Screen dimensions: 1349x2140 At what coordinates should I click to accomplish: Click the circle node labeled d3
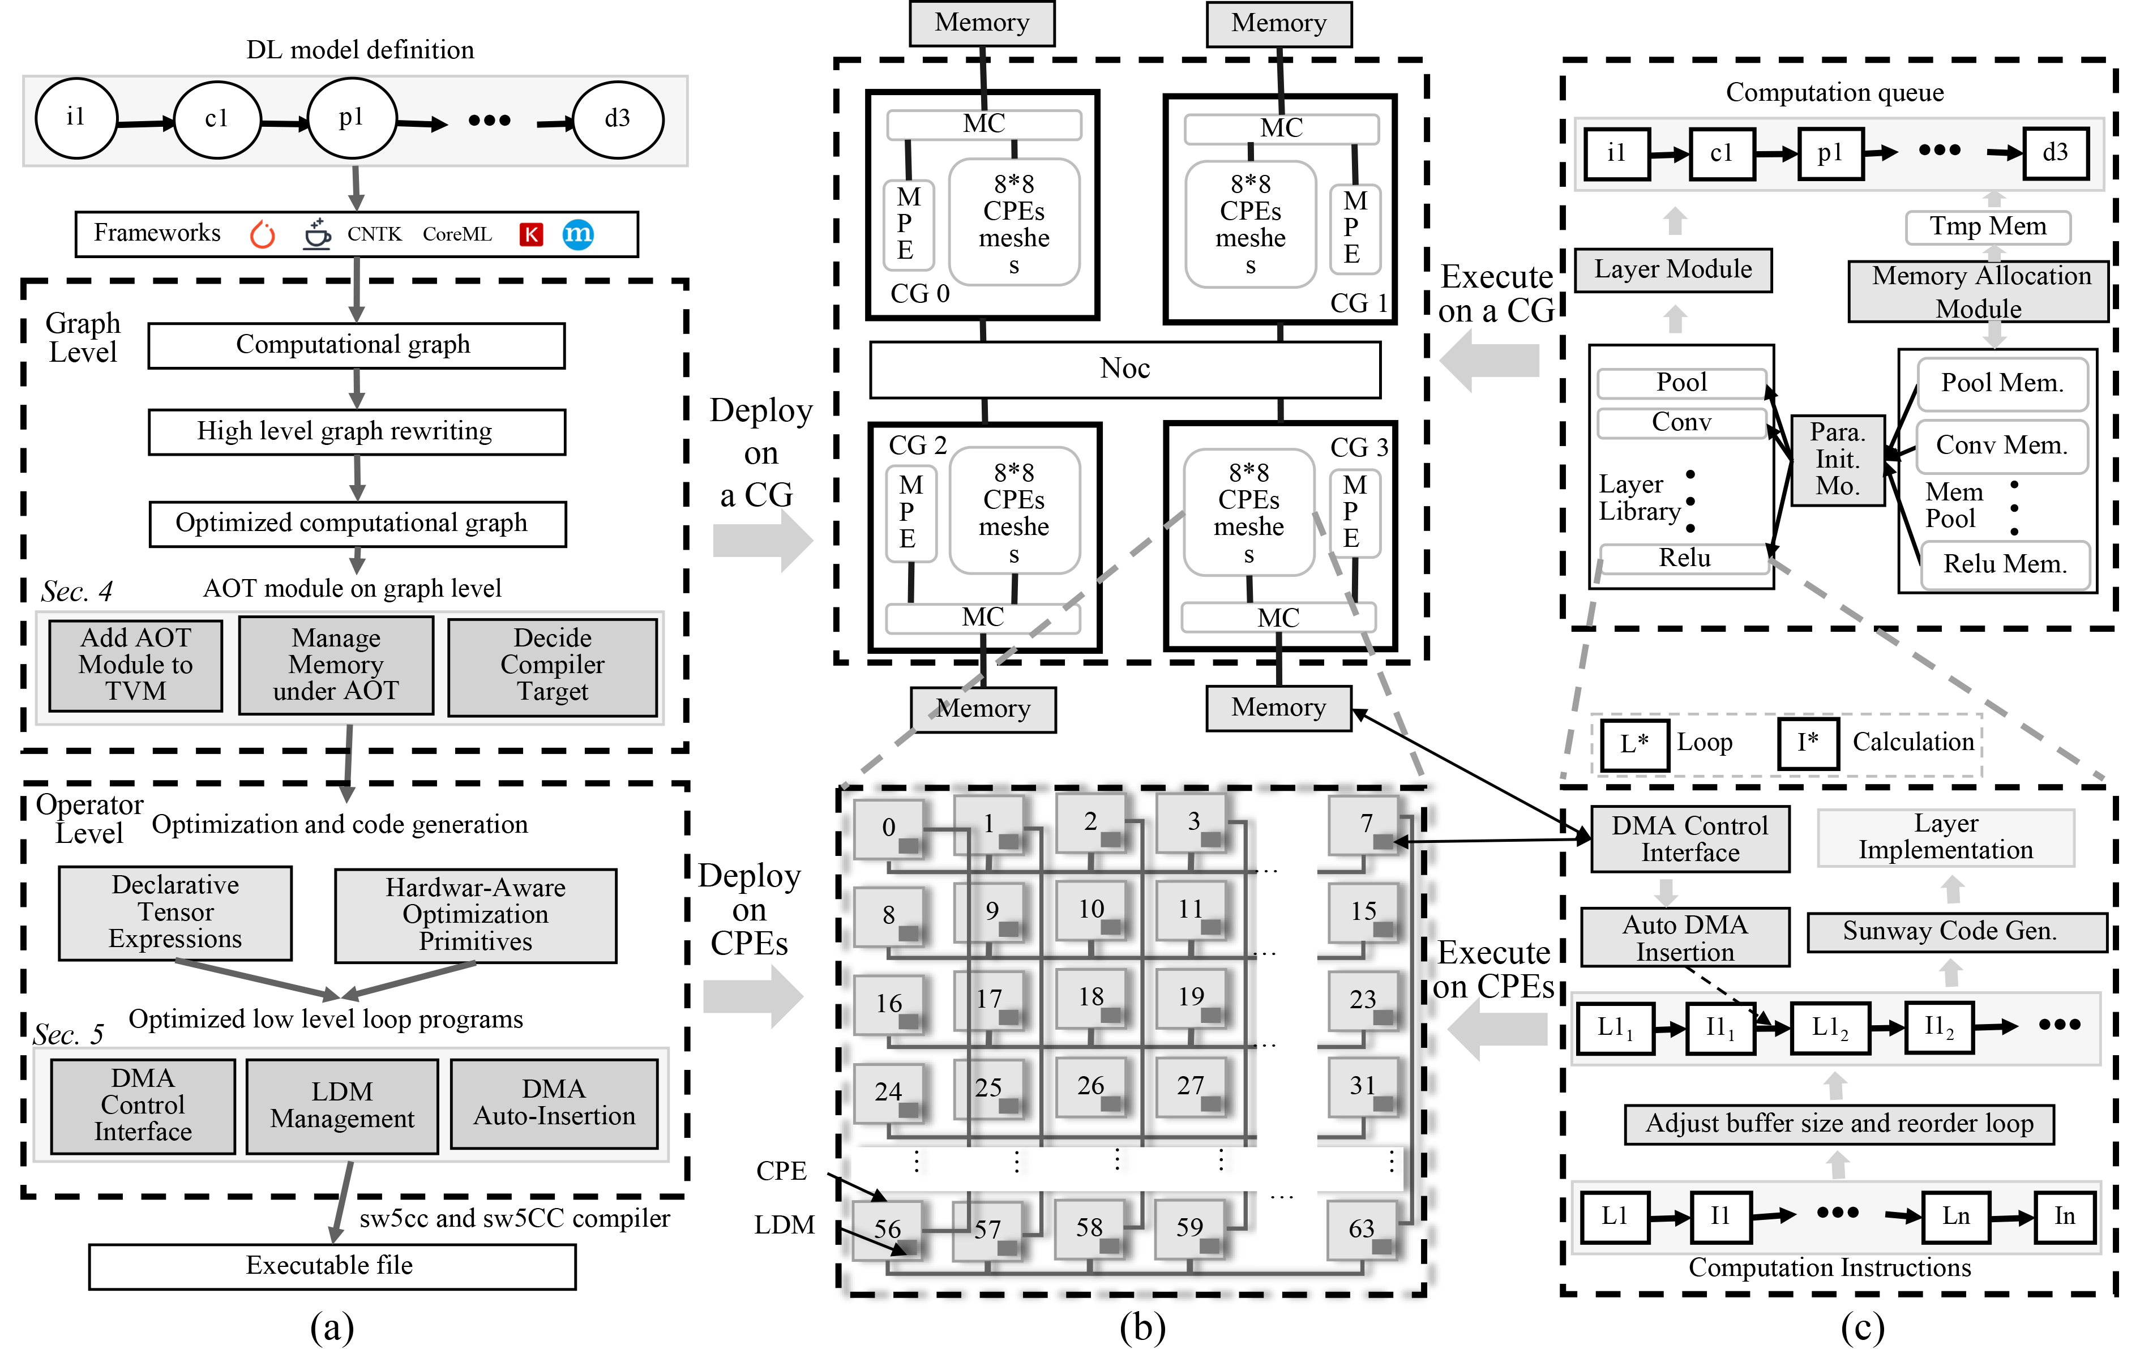click(x=618, y=119)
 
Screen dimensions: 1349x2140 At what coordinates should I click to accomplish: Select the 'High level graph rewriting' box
click(x=356, y=432)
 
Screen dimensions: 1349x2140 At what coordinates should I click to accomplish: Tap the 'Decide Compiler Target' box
click(x=552, y=666)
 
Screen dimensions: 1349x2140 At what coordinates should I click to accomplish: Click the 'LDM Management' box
click(x=342, y=1106)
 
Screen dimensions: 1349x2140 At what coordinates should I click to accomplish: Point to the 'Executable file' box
click(x=332, y=1265)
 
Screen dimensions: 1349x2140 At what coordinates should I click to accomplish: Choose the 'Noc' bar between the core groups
click(x=1124, y=369)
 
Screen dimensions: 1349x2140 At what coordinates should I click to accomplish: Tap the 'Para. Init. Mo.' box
click(x=1837, y=460)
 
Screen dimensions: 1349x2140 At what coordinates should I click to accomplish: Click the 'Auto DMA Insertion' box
click(x=1685, y=937)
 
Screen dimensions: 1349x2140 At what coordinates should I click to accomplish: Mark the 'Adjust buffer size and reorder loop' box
click(x=1839, y=1124)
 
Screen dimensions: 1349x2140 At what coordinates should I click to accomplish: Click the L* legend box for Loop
click(x=1633, y=743)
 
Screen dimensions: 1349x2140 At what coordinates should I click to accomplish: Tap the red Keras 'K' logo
click(x=530, y=234)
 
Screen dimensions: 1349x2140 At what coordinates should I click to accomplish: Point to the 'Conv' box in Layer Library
click(x=1681, y=422)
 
